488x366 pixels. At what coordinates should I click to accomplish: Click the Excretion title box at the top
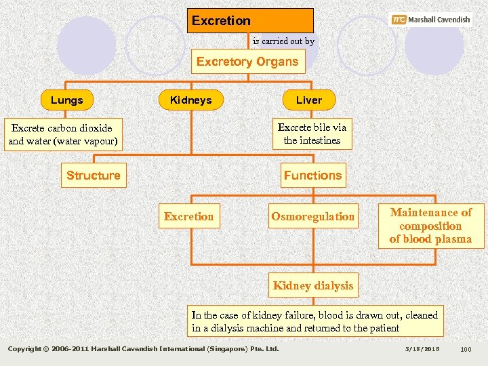250,20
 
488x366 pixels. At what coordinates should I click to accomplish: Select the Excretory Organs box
247,62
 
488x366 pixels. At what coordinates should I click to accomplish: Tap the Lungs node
66,100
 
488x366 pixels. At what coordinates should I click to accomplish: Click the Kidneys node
190,100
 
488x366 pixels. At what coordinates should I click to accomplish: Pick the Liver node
308,100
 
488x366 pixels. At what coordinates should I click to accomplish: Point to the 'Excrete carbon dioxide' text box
62,135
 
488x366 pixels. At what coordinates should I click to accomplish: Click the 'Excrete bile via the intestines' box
312,134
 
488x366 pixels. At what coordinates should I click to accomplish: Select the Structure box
93,176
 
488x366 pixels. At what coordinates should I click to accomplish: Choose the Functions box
312,176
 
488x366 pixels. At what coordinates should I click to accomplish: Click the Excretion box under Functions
188,217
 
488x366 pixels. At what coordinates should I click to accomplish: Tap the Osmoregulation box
312,217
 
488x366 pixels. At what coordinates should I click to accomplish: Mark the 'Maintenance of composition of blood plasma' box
430,226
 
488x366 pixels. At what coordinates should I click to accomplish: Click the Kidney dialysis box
312,285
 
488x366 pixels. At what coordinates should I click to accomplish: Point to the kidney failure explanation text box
315,321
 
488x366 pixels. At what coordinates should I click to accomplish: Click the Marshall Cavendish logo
431,20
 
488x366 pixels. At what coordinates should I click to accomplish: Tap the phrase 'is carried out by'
283,41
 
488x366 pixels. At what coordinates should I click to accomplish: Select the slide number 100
465,349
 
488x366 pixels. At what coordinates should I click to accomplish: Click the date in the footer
422,349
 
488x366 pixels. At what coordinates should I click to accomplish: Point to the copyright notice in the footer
143,349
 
